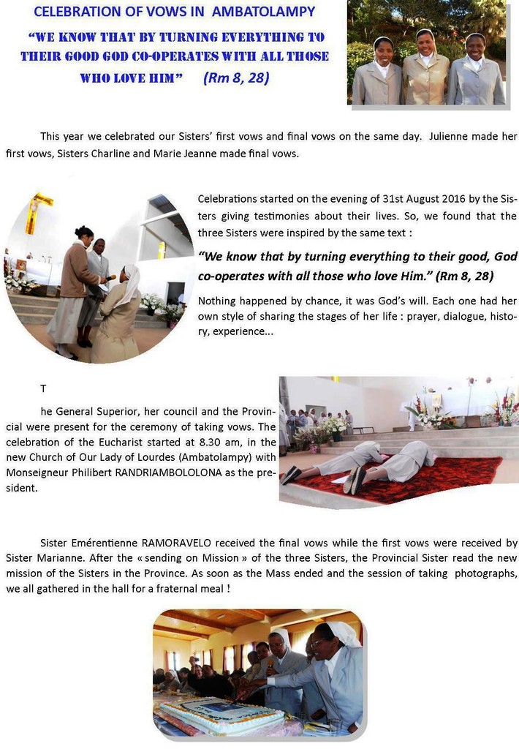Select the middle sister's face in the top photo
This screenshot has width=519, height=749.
tap(426, 42)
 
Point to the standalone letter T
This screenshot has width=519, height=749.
tap(43, 388)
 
